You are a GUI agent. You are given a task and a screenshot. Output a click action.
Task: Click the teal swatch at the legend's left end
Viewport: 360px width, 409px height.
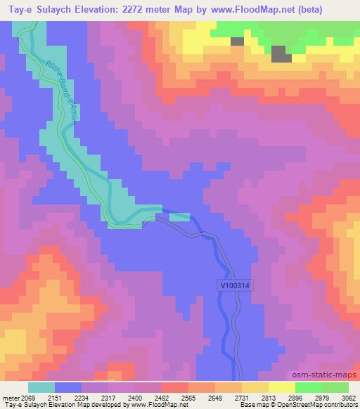pyautogui.click(x=41, y=387)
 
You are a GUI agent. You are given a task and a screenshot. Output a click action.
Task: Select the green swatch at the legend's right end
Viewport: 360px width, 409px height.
pyautogui.click(x=335, y=387)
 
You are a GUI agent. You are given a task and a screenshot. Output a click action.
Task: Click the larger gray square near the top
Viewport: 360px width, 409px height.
pyautogui.click(x=280, y=53)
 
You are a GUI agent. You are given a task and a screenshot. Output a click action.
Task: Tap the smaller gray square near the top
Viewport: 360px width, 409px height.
pyautogui.click(x=238, y=41)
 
